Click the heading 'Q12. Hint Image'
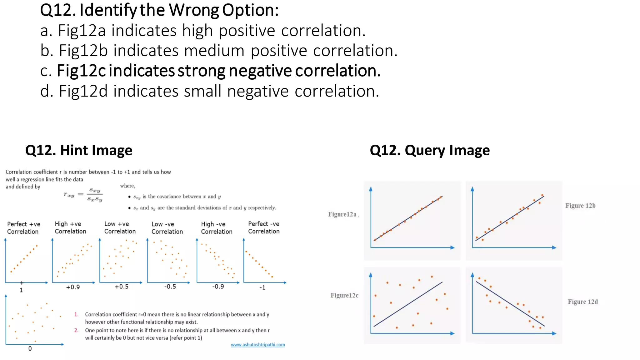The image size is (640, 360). click(x=79, y=150)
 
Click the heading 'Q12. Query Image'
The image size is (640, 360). click(x=430, y=150)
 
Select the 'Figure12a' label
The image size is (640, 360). click(x=342, y=214)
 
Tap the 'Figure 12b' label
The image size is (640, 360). click(x=580, y=206)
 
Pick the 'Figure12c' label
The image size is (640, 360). click(x=344, y=295)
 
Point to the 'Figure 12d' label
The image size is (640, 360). click(x=583, y=302)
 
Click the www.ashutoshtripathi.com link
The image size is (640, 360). click(x=258, y=345)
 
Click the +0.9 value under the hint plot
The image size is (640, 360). click(x=73, y=287)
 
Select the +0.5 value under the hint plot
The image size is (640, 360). click(x=122, y=287)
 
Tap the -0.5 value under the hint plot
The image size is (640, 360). click(x=170, y=287)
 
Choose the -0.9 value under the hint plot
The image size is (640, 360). click(x=218, y=287)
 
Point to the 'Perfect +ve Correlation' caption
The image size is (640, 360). click(x=23, y=228)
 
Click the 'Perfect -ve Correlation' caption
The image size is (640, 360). click(x=264, y=227)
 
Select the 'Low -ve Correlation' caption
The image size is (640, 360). click(x=167, y=228)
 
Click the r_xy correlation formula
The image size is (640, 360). click(x=83, y=194)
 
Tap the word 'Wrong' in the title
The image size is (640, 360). click(x=194, y=10)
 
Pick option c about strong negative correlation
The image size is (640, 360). click(x=211, y=71)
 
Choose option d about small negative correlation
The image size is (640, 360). click(x=210, y=91)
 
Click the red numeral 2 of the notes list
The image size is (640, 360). click(x=76, y=330)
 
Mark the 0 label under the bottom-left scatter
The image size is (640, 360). click(x=30, y=348)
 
